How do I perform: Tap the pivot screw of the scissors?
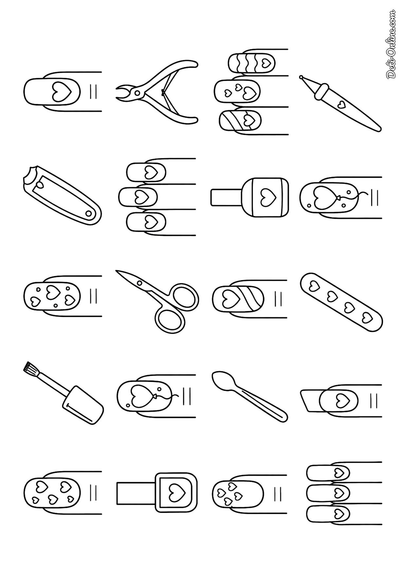pos(140,283)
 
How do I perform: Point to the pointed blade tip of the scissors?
pos(117,271)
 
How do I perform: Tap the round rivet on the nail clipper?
pos(88,214)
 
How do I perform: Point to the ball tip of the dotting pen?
pos(301,78)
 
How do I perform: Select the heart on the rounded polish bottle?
pos(265,197)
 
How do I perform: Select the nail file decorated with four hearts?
pos(341,302)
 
